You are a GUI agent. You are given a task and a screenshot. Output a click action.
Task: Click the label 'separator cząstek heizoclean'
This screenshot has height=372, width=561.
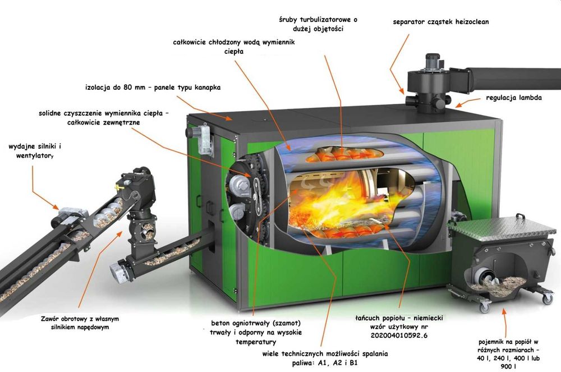pos(440,21)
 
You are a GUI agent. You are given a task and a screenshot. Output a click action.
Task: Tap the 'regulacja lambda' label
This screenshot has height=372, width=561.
pos(514,97)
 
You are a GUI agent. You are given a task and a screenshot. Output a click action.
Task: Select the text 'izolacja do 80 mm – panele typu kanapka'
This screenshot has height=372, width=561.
pos(153,88)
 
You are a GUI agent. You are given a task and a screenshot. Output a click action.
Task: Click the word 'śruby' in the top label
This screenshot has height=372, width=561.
pos(288,20)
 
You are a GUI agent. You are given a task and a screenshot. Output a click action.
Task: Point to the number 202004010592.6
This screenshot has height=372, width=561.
pos(399,335)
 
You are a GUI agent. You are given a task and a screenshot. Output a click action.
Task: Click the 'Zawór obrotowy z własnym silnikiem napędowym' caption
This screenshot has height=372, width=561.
pos(80,323)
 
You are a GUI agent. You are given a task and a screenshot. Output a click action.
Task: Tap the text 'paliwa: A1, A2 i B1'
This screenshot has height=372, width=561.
pos(325,362)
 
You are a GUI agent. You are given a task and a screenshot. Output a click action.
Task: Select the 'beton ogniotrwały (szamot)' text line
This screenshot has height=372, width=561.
pos(256,323)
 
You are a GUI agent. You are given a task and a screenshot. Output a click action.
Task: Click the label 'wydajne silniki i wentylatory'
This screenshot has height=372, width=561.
pos(35,151)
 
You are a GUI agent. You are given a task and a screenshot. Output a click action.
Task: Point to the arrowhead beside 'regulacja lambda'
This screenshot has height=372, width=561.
pos(458,105)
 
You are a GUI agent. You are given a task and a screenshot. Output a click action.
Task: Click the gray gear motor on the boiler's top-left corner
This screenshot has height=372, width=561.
pos(202,138)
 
